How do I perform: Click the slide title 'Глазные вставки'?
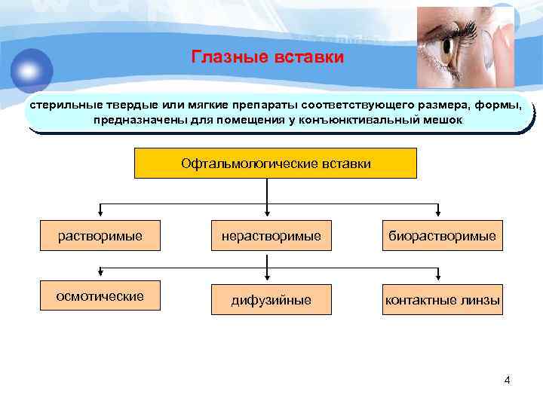click(267, 57)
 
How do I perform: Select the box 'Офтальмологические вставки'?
click(275, 163)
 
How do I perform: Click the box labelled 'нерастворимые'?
click(271, 236)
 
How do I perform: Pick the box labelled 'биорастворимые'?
click(442, 236)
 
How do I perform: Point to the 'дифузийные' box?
click(271, 300)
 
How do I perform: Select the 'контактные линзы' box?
click(442, 300)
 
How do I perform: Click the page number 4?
click(507, 380)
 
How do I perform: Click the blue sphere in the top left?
click(32, 69)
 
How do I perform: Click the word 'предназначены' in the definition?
click(132, 120)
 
